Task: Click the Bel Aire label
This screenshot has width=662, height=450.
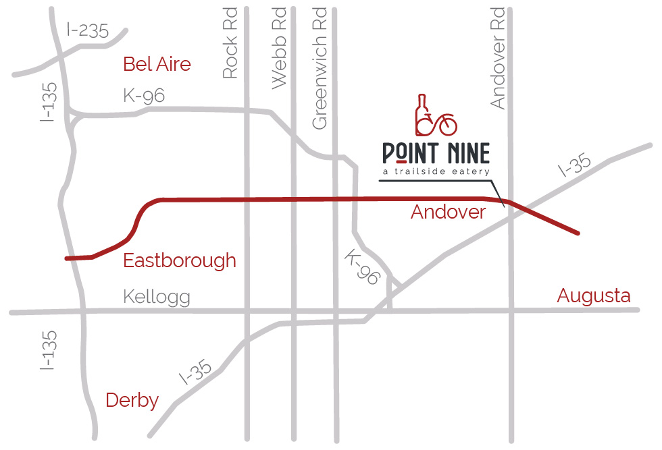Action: point(157,64)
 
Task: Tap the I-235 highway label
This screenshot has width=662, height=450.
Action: point(88,30)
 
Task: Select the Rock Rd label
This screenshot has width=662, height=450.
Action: point(230,43)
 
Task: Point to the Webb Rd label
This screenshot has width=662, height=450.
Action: point(279,48)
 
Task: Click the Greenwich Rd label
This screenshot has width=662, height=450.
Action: point(320,68)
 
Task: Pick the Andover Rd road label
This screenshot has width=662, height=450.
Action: point(498,58)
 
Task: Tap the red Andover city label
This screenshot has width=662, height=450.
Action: point(448,212)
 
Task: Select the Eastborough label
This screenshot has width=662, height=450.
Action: point(180,260)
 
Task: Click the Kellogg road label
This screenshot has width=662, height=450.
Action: point(157,297)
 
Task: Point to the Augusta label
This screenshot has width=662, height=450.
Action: point(593,296)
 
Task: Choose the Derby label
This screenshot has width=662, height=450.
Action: point(132,400)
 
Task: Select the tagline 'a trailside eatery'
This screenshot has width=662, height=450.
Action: point(435,173)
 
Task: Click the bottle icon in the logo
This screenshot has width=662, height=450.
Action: point(422,113)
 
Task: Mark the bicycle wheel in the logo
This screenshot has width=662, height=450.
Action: point(447,125)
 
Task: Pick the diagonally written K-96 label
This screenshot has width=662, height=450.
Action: point(363,267)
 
